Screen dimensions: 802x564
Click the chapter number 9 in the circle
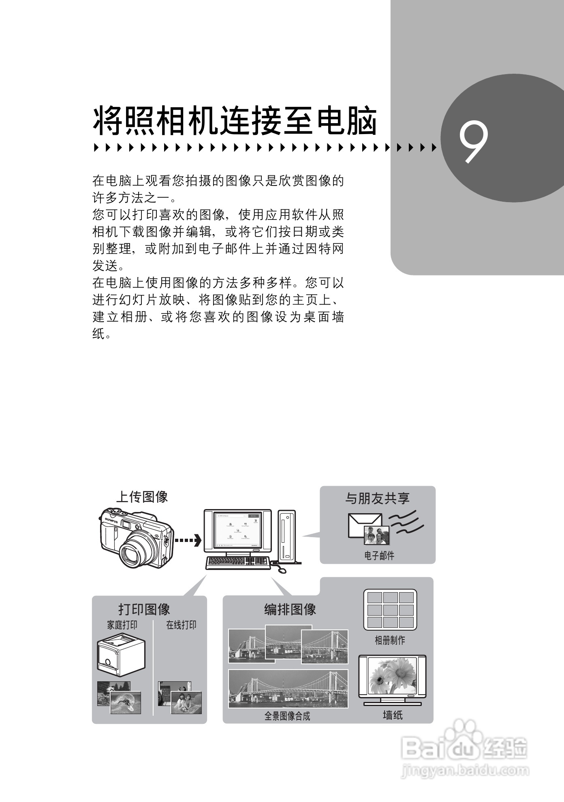click(x=473, y=143)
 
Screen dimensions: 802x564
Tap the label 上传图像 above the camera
click(x=142, y=497)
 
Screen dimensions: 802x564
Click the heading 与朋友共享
click(x=377, y=498)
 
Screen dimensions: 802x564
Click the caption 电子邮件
click(x=379, y=556)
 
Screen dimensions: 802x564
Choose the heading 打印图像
click(x=144, y=609)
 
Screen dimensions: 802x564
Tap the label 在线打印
click(x=181, y=625)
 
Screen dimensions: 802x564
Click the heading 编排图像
click(x=290, y=610)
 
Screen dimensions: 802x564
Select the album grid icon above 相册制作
click(x=390, y=610)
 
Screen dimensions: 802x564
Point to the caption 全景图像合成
click(x=287, y=716)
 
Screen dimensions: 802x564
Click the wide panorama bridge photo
click(x=288, y=689)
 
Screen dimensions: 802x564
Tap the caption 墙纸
click(x=393, y=715)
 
